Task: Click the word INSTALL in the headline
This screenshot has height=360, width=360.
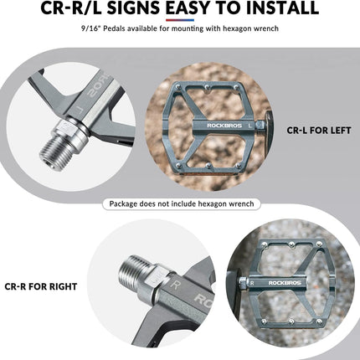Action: pyautogui.click(x=282, y=8)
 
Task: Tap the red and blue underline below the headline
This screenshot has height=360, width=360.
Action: pyautogui.click(x=180, y=20)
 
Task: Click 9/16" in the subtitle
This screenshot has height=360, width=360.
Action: pyautogui.click(x=91, y=28)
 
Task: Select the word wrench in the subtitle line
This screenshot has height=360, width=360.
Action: pyautogui.click(x=266, y=28)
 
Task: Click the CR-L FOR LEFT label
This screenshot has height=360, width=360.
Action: pyautogui.click(x=319, y=131)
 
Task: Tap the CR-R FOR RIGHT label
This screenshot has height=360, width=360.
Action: pyautogui.click(x=41, y=286)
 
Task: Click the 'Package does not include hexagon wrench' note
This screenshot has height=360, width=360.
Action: pyautogui.click(x=182, y=203)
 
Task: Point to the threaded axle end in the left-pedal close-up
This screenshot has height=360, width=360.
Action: pyautogui.click(x=53, y=153)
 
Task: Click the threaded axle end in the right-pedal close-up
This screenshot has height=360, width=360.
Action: pyautogui.click(x=133, y=270)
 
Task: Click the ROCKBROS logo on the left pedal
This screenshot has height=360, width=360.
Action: pyautogui.click(x=224, y=126)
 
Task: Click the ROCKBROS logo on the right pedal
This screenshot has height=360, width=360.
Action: pyautogui.click(x=285, y=283)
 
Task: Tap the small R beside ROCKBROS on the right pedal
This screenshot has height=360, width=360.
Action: pyautogui.click(x=252, y=283)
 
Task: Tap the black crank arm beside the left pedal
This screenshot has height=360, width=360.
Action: pyautogui.click(x=268, y=124)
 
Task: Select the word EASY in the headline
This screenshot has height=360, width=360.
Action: pyautogui.click(x=188, y=8)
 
